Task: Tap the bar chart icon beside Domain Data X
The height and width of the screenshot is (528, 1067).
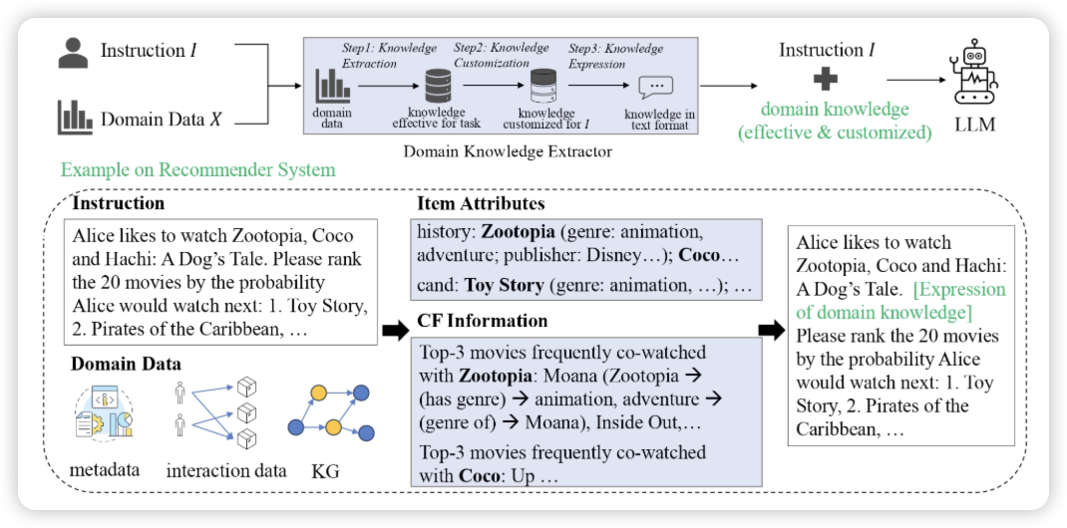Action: pos(74,118)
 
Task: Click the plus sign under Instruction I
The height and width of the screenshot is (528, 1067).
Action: pos(825,79)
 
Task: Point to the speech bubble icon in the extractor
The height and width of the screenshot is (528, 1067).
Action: pos(655,89)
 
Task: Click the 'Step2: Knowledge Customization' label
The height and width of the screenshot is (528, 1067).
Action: pos(502,55)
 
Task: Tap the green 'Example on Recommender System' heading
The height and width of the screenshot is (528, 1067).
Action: pos(197,169)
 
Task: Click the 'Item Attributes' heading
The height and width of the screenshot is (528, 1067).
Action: pos(482,203)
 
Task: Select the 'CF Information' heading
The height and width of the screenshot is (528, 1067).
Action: pos(483,321)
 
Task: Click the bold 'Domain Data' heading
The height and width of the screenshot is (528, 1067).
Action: pos(126,364)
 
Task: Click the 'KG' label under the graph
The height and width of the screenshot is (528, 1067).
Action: pos(325,470)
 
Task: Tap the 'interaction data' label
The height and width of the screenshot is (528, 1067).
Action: pos(227,470)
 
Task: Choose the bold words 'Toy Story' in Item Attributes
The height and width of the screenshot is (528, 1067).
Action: pos(505,285)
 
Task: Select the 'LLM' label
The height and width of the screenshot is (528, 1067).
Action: pos(973,127)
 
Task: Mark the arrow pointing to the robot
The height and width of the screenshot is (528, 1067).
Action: pos(914,80)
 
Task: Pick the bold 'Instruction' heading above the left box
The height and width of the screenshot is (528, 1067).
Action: pos(119,203)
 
